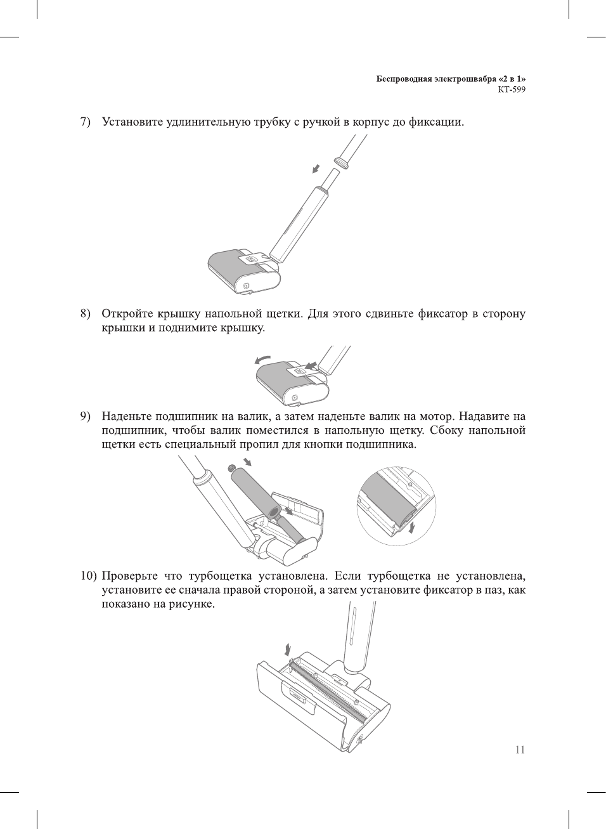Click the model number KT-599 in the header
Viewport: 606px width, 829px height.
512,89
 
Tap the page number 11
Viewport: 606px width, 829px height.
520,750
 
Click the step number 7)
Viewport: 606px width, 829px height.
85,121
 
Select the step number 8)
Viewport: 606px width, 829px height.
85,314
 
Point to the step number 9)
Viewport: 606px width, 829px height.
85,417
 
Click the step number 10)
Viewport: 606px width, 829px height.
87,576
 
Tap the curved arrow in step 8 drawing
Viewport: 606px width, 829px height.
262,360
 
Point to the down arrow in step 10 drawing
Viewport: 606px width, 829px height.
288,649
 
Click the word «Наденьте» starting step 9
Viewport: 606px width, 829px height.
126,417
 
